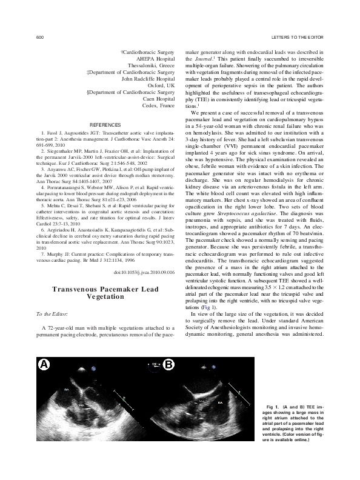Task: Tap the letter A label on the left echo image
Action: (44, 364)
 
